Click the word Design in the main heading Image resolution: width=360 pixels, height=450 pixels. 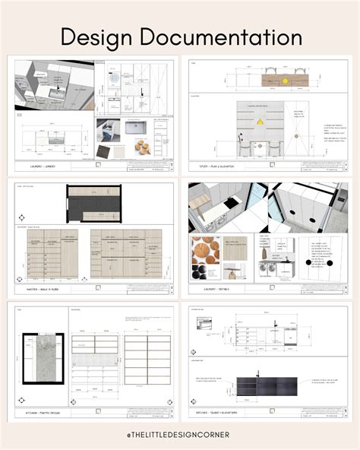pos(96,36)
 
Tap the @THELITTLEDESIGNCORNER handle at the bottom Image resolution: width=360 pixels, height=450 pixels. pos(180,433)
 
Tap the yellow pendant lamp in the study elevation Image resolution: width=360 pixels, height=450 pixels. pos(260,120)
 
